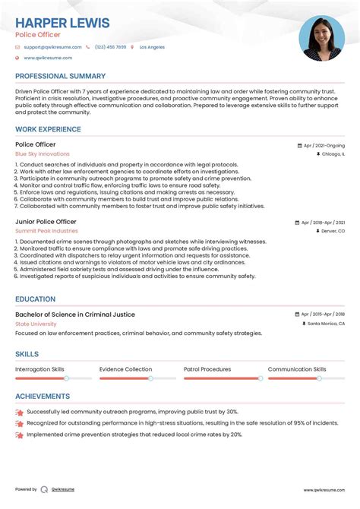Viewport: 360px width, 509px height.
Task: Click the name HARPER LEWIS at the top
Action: point(62,23)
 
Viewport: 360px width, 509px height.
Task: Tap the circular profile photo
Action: point(321,39)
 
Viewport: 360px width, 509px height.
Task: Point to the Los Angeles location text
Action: point(151,47)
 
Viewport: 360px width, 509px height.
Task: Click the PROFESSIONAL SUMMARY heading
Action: point(60,77)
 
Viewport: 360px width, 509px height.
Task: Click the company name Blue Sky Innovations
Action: point(42,154)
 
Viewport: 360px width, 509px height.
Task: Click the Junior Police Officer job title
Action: point(46,222)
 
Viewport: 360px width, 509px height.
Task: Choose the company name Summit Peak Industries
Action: point(46,231)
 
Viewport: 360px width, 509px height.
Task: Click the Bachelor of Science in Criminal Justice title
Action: point(75,314)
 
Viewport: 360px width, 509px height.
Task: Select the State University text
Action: point(36,324)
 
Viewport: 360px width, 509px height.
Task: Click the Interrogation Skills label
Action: point(39,369)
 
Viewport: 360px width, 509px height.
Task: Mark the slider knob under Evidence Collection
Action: point(150,378)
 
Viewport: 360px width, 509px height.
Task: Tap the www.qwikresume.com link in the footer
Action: point(325,490)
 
